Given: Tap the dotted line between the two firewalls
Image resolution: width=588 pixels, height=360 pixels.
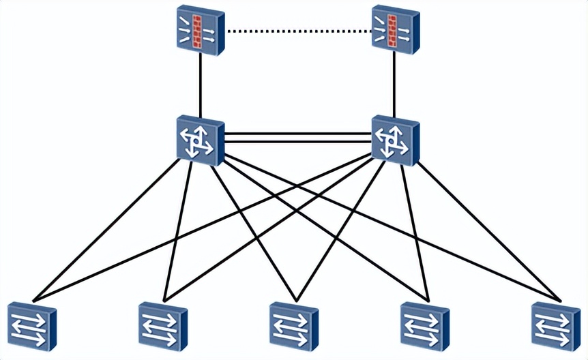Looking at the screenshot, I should click(297, 31).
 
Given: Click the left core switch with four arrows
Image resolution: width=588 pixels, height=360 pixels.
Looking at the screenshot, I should click(200, 140).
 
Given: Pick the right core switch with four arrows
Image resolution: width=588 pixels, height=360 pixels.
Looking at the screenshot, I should click(395, 140).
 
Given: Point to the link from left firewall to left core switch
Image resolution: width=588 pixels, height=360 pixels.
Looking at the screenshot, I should click(200, 85).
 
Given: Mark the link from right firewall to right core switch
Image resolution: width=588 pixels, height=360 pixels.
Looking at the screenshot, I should click(395, 85).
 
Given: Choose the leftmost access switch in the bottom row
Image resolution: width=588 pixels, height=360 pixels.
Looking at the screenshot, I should click(31, 326).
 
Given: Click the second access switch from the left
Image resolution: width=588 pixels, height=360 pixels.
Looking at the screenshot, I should click(162, 326).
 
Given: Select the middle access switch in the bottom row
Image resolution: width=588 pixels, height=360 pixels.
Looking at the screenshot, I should click(293, 326).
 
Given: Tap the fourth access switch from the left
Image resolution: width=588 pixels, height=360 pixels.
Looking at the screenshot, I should click(424, 326).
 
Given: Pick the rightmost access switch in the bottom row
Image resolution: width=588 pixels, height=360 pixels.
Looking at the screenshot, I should click(555, 326).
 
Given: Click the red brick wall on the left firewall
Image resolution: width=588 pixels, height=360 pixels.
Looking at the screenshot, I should click(199, 31).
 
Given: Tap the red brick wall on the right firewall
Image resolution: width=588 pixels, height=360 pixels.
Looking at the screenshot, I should click(392, 31).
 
